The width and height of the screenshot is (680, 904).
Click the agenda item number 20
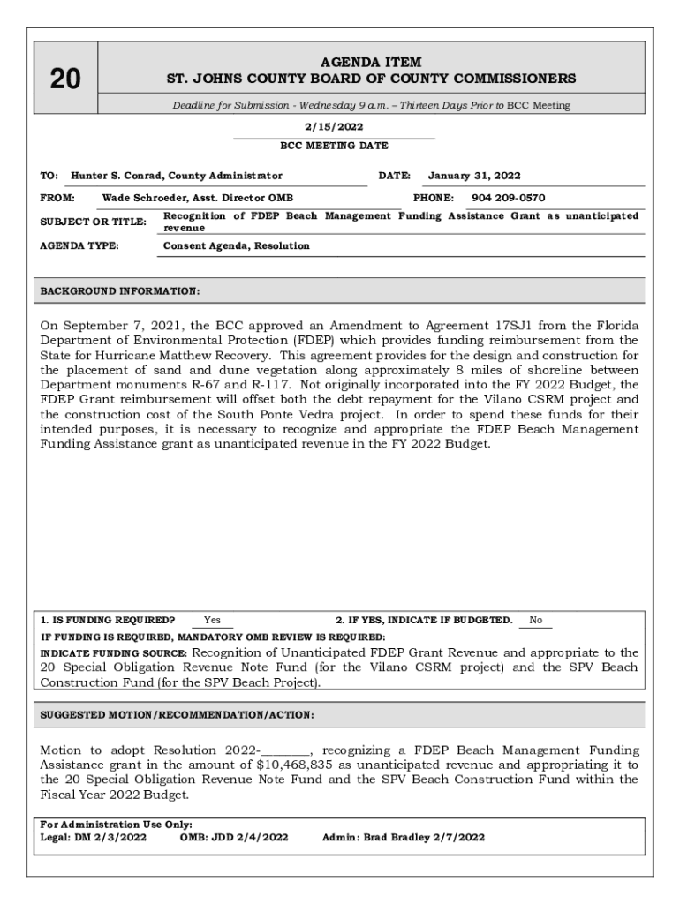(64, 80)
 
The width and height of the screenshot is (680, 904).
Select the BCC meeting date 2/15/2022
(333, 126)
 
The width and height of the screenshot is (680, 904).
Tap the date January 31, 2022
(474, 176)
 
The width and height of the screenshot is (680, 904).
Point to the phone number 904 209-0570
(508, 198)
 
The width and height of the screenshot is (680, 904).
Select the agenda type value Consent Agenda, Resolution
(237, 245)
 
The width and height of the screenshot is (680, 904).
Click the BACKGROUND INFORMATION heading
(120, 290)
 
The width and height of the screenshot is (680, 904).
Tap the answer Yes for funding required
(212, 620)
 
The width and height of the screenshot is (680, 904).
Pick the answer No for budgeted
(535, 620)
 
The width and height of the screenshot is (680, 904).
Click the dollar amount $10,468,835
(301, 765)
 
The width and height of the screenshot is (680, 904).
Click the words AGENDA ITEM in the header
(370, 63)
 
